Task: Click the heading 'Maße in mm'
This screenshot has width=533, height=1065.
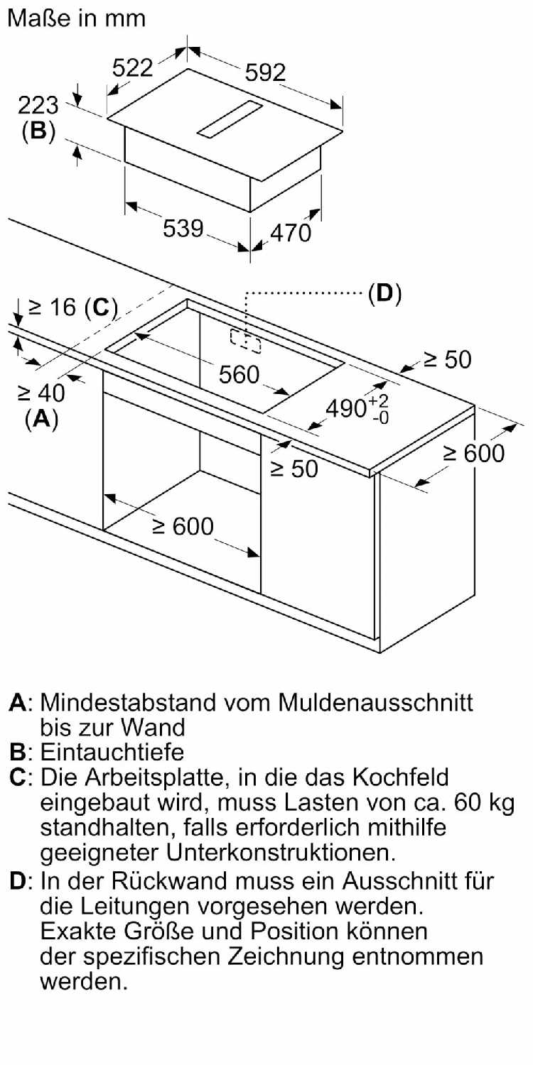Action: point(76,19)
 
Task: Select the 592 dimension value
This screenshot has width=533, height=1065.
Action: point(265,72)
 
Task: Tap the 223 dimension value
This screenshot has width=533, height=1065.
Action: point(38,105)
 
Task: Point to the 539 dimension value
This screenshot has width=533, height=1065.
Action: point(183,228)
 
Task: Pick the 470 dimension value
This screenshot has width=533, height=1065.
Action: point(291,233)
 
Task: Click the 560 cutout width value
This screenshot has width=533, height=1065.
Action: point(239,374)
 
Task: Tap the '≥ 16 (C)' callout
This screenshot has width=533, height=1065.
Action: point(72,307)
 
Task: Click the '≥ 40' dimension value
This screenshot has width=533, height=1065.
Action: point(41,393)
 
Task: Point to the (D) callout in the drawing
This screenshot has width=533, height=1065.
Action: point(385,293)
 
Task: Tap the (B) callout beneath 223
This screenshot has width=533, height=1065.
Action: point(38,131)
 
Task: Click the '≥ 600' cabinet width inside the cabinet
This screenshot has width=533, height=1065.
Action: point(183,526)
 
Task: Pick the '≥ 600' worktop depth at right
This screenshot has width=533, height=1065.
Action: point(474,453)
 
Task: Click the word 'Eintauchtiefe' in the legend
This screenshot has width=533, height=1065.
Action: point(112,752)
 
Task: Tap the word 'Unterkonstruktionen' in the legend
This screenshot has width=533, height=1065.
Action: point(281,853)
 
